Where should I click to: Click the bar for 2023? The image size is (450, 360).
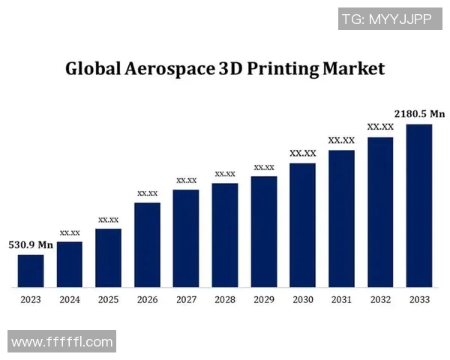(x=31, y=271)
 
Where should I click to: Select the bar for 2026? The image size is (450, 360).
(x=147, y=244)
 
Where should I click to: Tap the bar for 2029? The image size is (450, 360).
(x=264, y=232)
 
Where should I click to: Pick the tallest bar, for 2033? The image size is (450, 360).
(x=419, y=205)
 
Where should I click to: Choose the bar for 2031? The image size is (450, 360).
(x=341, y=218)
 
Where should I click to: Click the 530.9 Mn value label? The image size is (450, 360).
(x=31, y=244)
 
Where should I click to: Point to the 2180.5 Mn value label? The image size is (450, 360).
(x=420, y=114)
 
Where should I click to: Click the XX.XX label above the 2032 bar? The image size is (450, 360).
(x=380, y=127)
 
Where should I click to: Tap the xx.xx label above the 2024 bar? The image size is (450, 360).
(x=70, y=232)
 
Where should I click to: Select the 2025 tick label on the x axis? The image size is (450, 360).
(x=108, y=300)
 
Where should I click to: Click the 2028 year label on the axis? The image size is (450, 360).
(x=225, y=300)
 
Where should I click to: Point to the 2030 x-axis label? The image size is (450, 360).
(x=303, y=300)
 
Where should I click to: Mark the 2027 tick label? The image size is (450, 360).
(x=186, y=300)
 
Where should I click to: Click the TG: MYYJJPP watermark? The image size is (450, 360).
(x=386, y=19)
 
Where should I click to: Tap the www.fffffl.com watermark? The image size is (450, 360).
(x=62, y=342)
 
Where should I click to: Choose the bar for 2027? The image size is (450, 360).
(x=186, y=238)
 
